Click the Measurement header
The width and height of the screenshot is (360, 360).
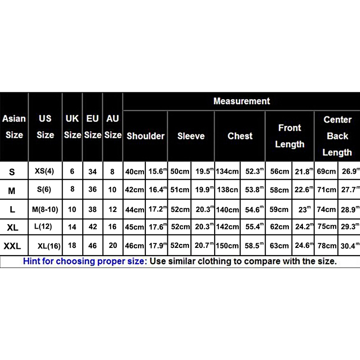click(x=242, y=101)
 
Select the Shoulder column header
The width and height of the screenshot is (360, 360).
click(x=145, y=136)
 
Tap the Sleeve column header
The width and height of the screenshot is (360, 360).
click(x=191, y=136)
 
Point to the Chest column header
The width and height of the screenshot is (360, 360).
click(x=240, y=136)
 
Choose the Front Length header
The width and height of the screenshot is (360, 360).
click(x=289, y=136)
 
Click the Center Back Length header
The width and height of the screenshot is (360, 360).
click(x=337, y=136)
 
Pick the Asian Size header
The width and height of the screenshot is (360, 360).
click(x=14, y=127)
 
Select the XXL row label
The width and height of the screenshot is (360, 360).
click(x=12, y=246)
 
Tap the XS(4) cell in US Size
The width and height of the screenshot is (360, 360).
click(x=45, y=171)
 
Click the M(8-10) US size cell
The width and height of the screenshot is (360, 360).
click(x=45, y=209)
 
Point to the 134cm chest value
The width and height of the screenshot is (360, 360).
click(x=227, y=172)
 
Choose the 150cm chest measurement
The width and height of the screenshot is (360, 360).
click(x=227, y=246)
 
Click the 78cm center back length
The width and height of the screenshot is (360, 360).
click(x=327, y=246)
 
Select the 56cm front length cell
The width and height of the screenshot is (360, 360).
click(x=279, y=172)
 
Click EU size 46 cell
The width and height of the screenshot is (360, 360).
click(x=92, y=246)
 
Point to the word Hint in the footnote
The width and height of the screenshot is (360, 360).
click(x=33, y=261)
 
